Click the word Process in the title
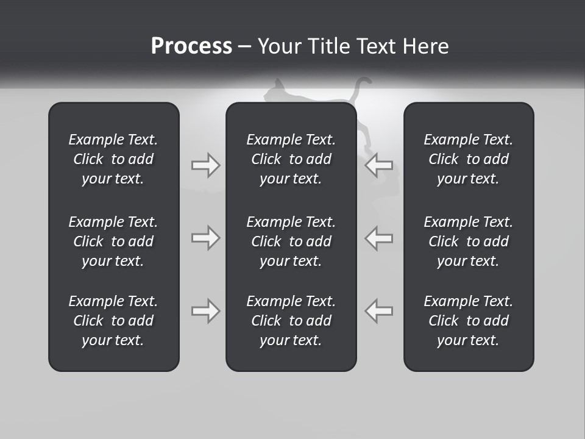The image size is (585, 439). point(191,46)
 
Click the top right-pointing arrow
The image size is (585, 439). point(205,165)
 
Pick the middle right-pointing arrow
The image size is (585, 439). point(205,238)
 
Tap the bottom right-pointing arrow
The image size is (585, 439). point(205,311)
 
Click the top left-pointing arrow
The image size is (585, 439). point(378,165)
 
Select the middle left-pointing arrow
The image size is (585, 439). point(378,238)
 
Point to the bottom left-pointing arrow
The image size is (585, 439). point(378,311)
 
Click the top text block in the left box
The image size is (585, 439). point(113,159)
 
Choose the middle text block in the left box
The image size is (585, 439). point(113,241)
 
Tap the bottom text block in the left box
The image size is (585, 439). point(113,321)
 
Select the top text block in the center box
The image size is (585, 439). point(291,159)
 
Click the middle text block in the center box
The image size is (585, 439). point(291,241)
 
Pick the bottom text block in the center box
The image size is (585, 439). point(291,321)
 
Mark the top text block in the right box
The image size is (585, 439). point(468,159)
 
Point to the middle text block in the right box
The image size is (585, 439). point(468,241)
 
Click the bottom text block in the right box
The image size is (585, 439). point(468,321)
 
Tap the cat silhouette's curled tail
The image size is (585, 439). point(363,82)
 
